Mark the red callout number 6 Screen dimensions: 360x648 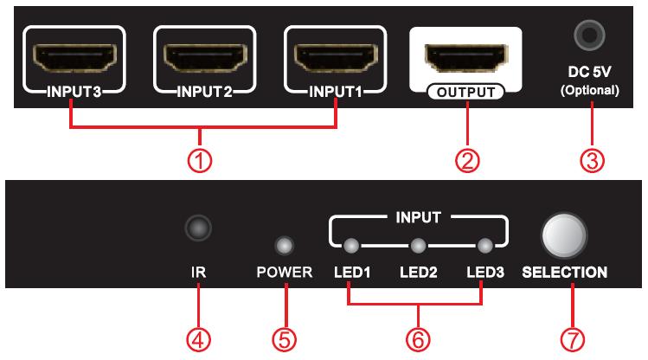(416, 338)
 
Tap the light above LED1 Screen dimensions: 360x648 (350, 244)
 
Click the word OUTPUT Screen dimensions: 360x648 (465, 92)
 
